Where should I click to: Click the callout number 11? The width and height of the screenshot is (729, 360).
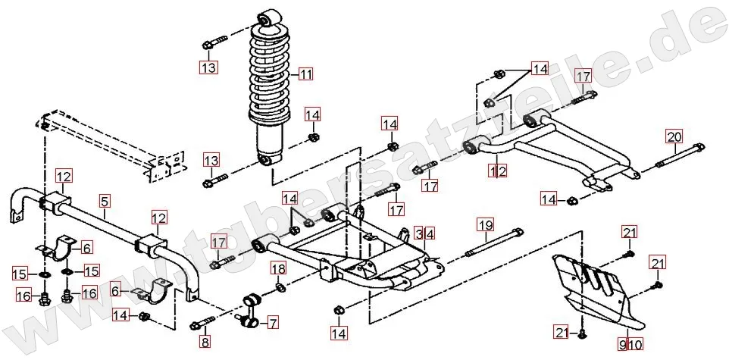(x=305, y=74)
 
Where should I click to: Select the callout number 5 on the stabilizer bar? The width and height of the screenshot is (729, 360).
(x=105, y=202)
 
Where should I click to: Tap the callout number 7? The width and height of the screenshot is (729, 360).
(x=272, y=324)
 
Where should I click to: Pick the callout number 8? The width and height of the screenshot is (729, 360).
(x=205, y=343)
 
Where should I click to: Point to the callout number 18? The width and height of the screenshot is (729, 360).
(x=278, y=269)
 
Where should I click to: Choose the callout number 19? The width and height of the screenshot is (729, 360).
(x=485, y=224)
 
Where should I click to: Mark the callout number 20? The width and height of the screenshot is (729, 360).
(x=674, y=137)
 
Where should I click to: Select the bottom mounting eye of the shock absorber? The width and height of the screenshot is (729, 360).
(x=265, y=159)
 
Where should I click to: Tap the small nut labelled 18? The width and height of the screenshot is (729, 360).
(x=280, y=287)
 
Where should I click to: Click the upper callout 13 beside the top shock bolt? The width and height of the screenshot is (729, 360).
(x=208, y=67)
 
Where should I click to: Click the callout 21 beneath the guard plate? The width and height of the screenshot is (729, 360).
(x=562, y=332)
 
